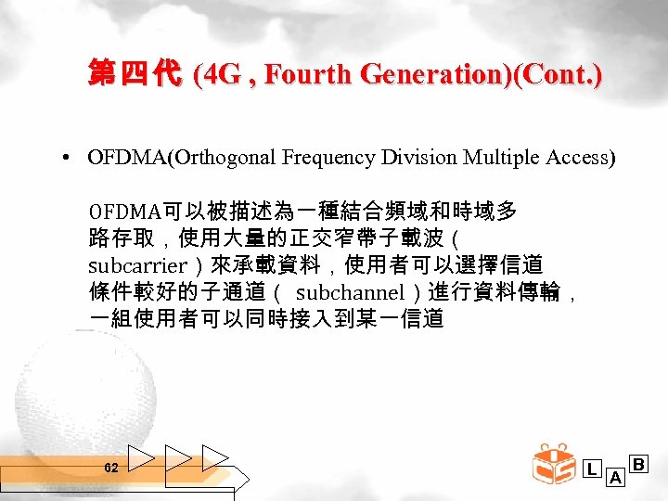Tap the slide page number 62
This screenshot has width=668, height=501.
111,469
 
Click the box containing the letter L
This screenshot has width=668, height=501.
592,469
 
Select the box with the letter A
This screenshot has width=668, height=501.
614,478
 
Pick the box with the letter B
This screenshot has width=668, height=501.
638,463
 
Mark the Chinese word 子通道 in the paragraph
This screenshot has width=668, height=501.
232,293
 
